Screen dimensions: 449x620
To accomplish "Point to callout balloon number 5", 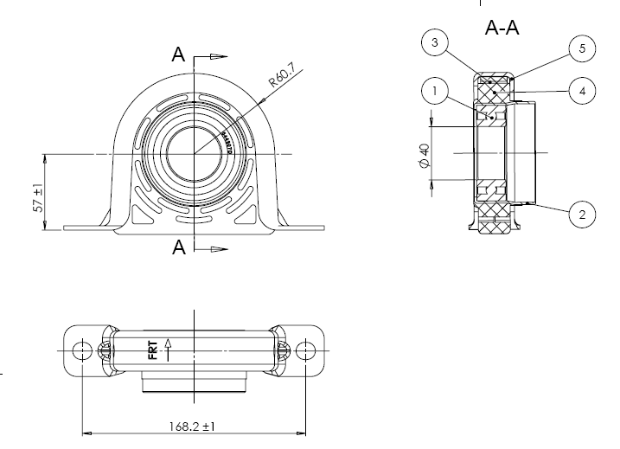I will pos(582,49).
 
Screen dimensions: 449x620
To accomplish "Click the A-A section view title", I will pos(502,28).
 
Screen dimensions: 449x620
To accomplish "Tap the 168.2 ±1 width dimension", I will pos(192,426).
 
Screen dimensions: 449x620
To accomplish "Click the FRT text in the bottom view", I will pos(153,350).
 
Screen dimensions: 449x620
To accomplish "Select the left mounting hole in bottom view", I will pos(82,350).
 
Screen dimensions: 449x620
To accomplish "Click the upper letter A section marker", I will pos(178,55).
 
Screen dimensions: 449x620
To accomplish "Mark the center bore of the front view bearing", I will pos(195,154).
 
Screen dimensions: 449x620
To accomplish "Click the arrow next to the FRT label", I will pos(169,350).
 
